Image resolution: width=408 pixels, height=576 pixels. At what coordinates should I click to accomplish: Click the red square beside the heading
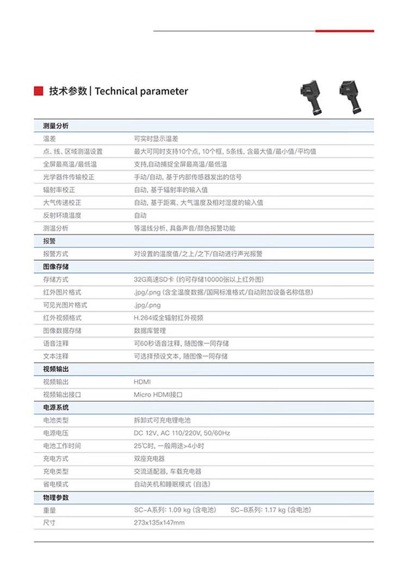coord(39,91)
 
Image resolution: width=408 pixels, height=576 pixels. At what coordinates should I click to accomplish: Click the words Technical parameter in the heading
coord(141,91)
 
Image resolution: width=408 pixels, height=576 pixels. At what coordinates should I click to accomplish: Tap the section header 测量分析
coord(55,126)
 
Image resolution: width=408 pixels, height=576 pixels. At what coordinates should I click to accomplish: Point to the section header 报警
coord(49,241)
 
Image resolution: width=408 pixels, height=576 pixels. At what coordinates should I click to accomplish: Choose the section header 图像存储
coord(55,267)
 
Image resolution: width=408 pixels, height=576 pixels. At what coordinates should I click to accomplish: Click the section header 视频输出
coord(55,369)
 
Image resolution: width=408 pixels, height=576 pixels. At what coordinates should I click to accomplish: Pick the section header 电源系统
coord(55,407)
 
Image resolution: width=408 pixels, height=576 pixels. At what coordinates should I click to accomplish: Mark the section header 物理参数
coord(55,498)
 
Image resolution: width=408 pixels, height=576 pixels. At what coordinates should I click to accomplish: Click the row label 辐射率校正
coord(59,190)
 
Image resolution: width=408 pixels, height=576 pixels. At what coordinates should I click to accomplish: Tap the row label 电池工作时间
coord(62,446)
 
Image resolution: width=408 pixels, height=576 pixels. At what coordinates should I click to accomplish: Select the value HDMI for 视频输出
coord(142,382)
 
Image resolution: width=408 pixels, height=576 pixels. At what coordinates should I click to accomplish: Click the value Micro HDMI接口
coord(158,395)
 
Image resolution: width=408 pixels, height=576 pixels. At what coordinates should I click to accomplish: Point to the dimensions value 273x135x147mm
coord(159,523)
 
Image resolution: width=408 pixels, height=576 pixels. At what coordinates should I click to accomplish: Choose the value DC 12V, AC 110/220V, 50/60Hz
coord(182,433)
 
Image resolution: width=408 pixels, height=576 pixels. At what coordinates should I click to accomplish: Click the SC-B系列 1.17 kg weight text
coord(270,510)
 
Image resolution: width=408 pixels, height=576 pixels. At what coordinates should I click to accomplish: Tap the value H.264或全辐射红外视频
coord(169,318)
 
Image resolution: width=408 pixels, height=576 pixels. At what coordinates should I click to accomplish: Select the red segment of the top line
coord(344,31)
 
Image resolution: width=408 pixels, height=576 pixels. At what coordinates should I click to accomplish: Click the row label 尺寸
coord(49,523)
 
